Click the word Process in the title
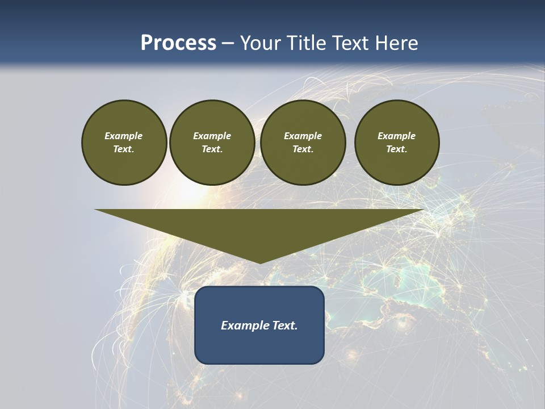[x=178, y=43]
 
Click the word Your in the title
[x=261, y=43]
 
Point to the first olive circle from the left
[x=124, y=143]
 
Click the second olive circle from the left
[x=212, y=143]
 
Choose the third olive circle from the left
[x=303, y=143]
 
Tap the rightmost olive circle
[x=397, y=143]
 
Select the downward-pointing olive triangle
[x=259, y=227]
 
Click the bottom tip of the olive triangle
[x=260, y=262]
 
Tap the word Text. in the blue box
[x=284, y=325]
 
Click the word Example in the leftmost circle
[x=124, y=136]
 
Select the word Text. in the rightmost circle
[x=397, y=149]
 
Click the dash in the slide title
[x=228, y=43]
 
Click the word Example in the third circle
[x=303, y=136]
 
